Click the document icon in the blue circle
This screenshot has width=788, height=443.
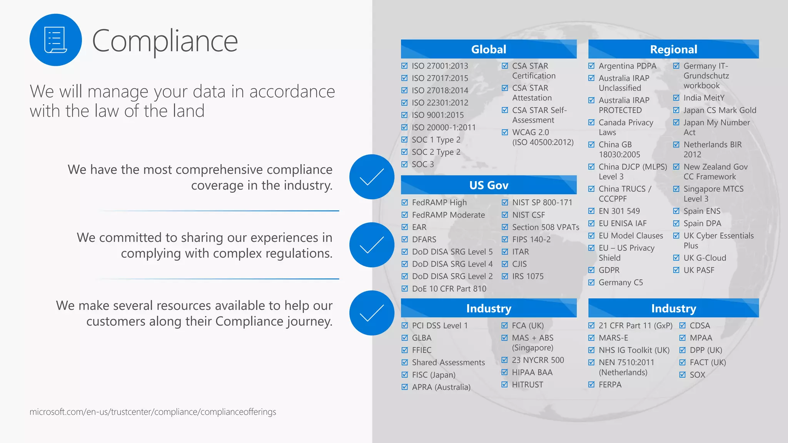coord(55,40)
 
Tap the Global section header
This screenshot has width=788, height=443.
coord(489,49)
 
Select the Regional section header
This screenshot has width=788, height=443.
coord(673,49)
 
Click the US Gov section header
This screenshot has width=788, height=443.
coord(489,185)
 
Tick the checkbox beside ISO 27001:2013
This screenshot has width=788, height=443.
coord(404,66)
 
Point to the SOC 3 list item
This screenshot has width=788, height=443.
coord(422,164)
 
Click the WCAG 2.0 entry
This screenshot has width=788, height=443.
coord(530,132)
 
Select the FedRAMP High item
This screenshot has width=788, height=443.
coord(439,203)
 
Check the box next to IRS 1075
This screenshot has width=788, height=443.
coord(505,276)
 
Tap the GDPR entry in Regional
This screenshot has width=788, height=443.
coord(609,270)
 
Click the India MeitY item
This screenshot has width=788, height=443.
coord(704,98)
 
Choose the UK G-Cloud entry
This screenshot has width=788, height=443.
coord(705,258)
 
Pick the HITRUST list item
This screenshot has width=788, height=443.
coord(527,385)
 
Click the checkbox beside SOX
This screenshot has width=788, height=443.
coord(683,375)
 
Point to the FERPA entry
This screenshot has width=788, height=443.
coord(610,385)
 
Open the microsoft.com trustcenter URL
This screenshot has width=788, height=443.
coord(153,412)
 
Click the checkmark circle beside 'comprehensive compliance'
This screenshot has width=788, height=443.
coord(372,177)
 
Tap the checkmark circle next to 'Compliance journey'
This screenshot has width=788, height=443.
coord(372,313)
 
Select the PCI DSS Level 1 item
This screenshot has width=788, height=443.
coord(439,326)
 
